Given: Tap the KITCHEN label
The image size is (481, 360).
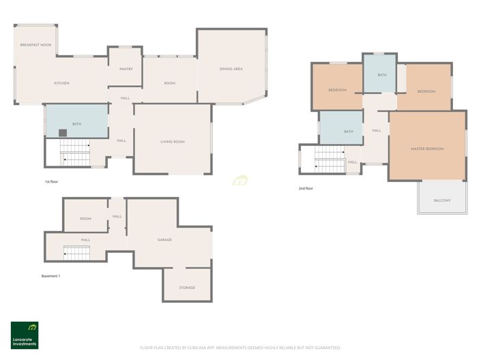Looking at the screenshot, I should click(x=61, y=83).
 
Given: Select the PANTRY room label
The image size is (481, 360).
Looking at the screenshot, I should click(x=126, y=69).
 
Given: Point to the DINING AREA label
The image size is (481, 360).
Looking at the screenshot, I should click(x=231, y=69).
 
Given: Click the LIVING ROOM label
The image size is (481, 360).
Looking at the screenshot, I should click(x=173, y=141).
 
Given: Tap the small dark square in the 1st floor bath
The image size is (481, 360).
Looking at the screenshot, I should click(x=62, y=133).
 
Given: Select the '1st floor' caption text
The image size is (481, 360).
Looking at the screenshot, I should click(x=52, y=182).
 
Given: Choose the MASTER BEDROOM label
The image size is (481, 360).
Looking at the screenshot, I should click(x=427, y=149).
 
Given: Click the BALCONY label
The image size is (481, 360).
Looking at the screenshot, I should click(x=443, y=201).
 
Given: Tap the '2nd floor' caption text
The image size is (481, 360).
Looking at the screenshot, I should click(x=306, y=187).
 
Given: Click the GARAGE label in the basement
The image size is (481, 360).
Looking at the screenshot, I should click(x=164, y=240).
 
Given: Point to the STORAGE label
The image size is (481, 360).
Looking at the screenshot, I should click(x=187, y=288).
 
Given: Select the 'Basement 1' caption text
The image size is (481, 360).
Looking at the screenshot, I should click(x=51, y=275).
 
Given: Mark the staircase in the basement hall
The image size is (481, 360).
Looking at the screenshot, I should click(x=76, y=254).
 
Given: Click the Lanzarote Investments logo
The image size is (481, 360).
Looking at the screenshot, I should click(x=25, y=335).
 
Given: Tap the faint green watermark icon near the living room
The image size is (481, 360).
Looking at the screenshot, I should click(x=239, y=181).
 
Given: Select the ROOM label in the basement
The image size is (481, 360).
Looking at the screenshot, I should click(x=85, y=219).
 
